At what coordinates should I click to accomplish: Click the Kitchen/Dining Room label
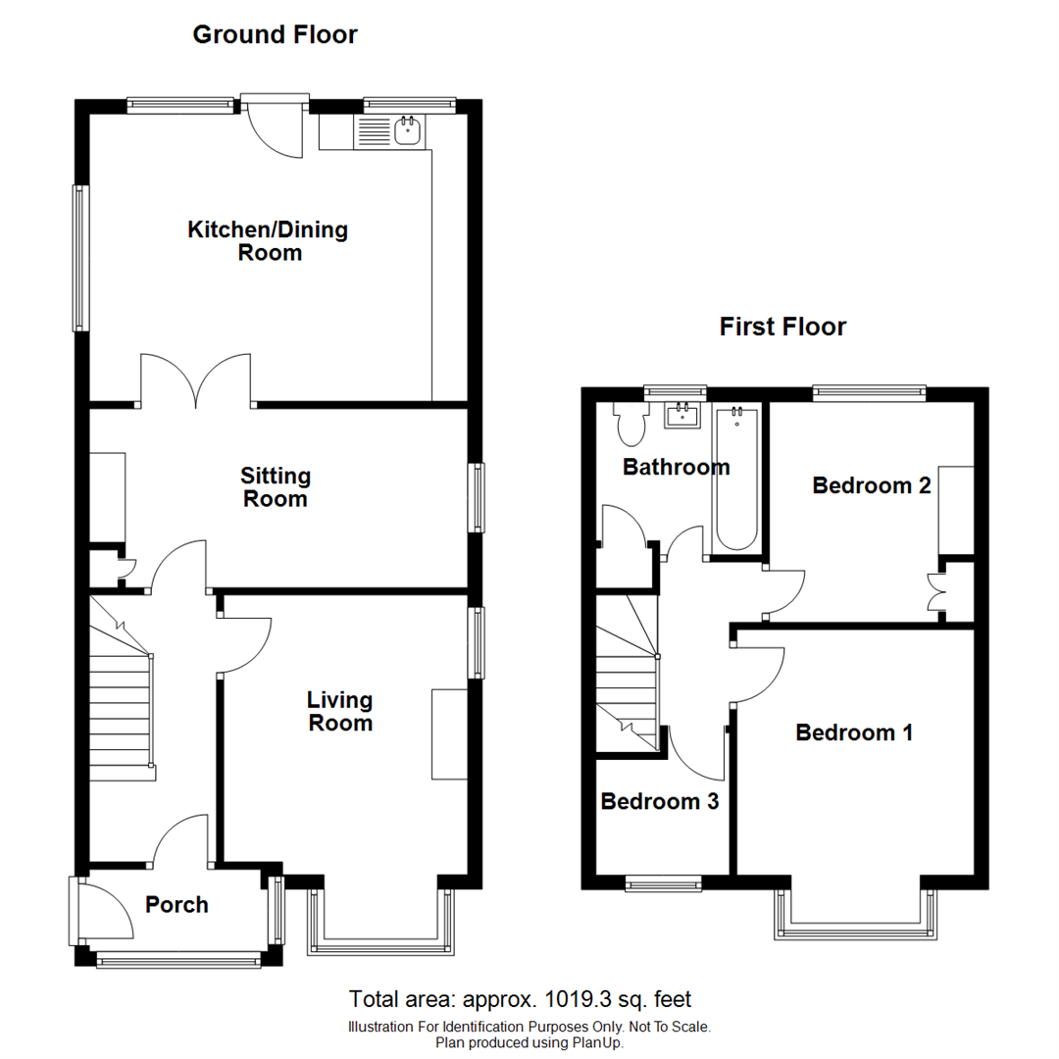pyautogui.click(x=268, y=241)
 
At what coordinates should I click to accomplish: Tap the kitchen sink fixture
pyautogui.click(x=407, y=130)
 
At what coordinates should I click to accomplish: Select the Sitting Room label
pyautogui.click(x=276, y=487)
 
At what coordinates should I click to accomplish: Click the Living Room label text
pyautogui.click(x=339, y=712)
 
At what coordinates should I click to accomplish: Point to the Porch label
pyautogui.click(x=176, y=904)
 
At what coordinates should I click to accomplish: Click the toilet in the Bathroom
pyautogui.click(x=630, y=424)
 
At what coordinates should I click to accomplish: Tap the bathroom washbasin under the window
pyautogui.click(x=682, y=416)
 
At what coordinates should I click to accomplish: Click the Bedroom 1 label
pyautogui.click(x=854, y=732)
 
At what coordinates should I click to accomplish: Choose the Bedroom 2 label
pyautogui.click(x=871, y=485)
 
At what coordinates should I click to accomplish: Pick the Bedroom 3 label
pyautogui.click(x=659, y=801)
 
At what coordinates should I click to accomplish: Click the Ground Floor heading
pyautogui.click(x=275, y=35)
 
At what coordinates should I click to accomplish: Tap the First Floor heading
pyautogui.click(x=782, y=327)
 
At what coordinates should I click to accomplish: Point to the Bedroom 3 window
pyautogui.click(x=665, y=884)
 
